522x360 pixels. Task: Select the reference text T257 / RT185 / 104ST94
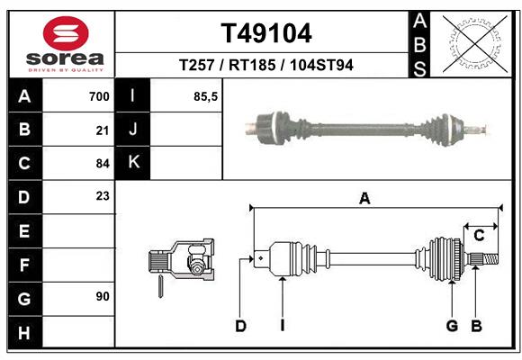point(265,66)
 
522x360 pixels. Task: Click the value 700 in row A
point(99,96)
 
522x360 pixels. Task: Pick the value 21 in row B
point(103,130)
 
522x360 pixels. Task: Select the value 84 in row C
point(103,163)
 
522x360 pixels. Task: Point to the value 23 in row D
point(103,195)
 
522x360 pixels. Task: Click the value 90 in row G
point(103,296)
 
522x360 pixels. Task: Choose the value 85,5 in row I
point(206,96)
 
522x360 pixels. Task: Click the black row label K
point(133,163)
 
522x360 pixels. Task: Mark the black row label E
point(24,230)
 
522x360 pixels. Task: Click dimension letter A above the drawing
point(364,198)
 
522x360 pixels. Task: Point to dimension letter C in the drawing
point(479,235)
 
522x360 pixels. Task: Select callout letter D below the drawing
point(240,326)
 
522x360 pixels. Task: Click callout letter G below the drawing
point(452,326)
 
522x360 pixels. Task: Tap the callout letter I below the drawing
point(282,326)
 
